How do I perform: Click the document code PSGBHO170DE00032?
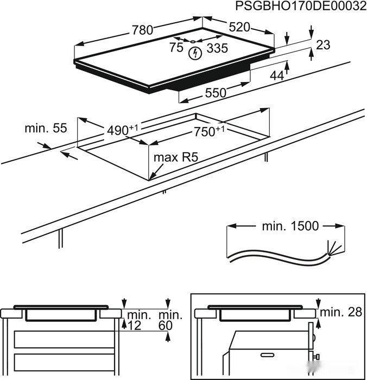298,6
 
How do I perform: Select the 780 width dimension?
142,30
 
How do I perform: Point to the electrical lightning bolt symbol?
194,53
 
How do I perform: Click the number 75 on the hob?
176,48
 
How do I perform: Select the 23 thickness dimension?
323,46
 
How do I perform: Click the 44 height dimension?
277,76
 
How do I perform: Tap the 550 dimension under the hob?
215,93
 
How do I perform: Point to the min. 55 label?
46,129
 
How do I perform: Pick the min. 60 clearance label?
169,320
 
